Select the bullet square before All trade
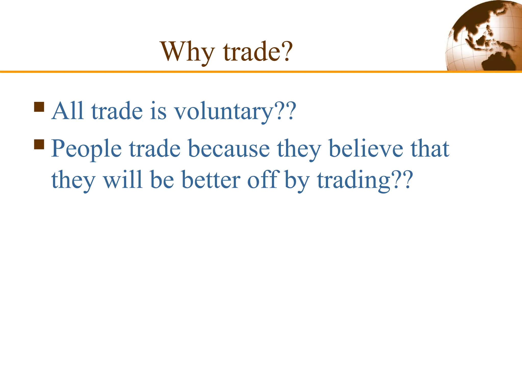(x=39, y=107)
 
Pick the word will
(x=122, y=179)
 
